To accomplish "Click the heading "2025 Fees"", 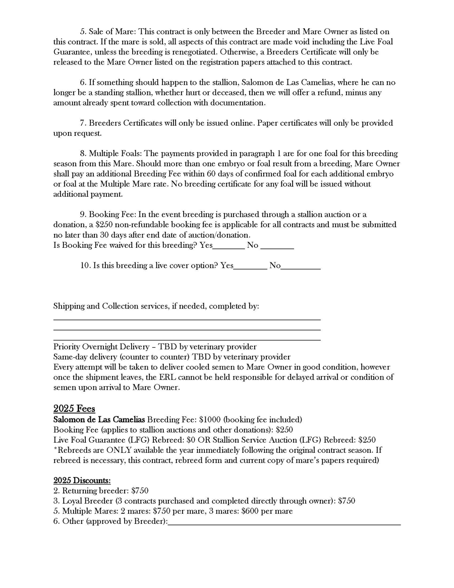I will click(x=74, y=409).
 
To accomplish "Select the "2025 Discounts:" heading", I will click(x=82, y=480).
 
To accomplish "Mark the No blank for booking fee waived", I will click(x=277, y=245).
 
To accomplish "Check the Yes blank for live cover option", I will click(x=250, y=265).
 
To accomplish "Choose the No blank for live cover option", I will click(x=301, y=265).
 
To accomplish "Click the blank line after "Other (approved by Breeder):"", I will click(x=284, y=521).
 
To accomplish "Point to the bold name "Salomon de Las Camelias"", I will click(x=99, y=419).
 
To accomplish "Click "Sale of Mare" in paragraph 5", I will click(x=109, y=32).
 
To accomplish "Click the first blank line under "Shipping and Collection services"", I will click(x=187, y=319).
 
